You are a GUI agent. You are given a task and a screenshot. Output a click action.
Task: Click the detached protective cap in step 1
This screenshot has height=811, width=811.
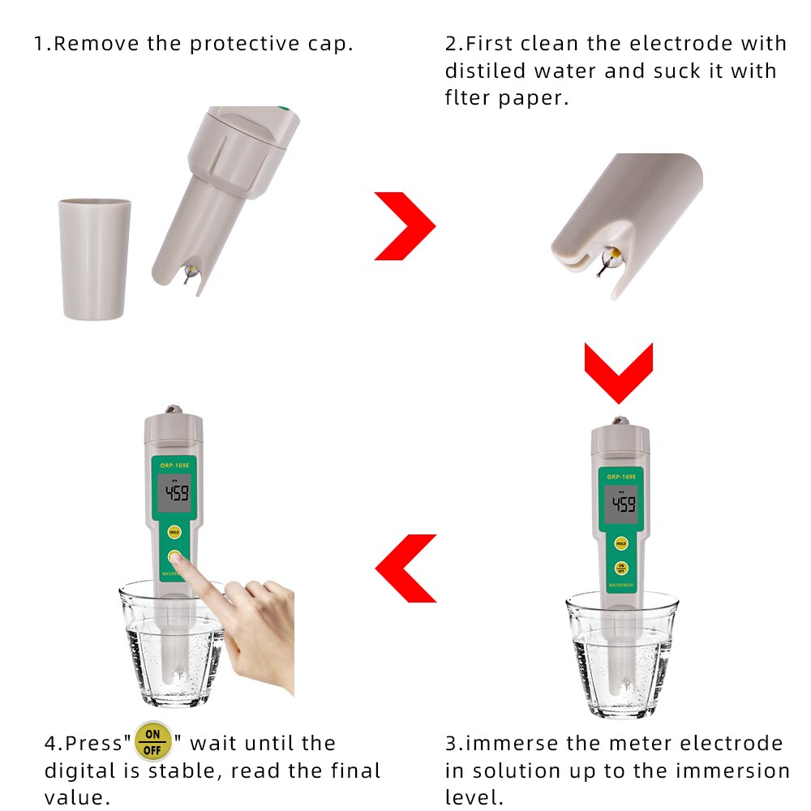pyautogui.click(x=94, y=259)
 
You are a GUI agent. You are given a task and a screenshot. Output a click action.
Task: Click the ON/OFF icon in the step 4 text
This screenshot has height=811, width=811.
pyautogui.click(x=152, y=741)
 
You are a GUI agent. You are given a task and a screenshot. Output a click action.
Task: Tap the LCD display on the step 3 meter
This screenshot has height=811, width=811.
pyautogui.click(x=622, y=504)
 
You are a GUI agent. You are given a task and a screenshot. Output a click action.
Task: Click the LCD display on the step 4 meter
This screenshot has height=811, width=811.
pyautogui.click(x=175, y=493)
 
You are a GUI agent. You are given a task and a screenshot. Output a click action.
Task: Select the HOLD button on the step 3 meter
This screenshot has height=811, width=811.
pyautogui.click(x=621, y=543)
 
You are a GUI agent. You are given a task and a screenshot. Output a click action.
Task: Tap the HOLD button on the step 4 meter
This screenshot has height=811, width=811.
pyautogui.click(x=174, y=532)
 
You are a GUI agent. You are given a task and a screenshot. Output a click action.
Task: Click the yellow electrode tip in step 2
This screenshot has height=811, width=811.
pyautogui.click(x=615, y=255)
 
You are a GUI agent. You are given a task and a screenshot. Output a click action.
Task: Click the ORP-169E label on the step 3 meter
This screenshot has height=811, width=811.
pyautogui.click(x=621, y=477)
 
